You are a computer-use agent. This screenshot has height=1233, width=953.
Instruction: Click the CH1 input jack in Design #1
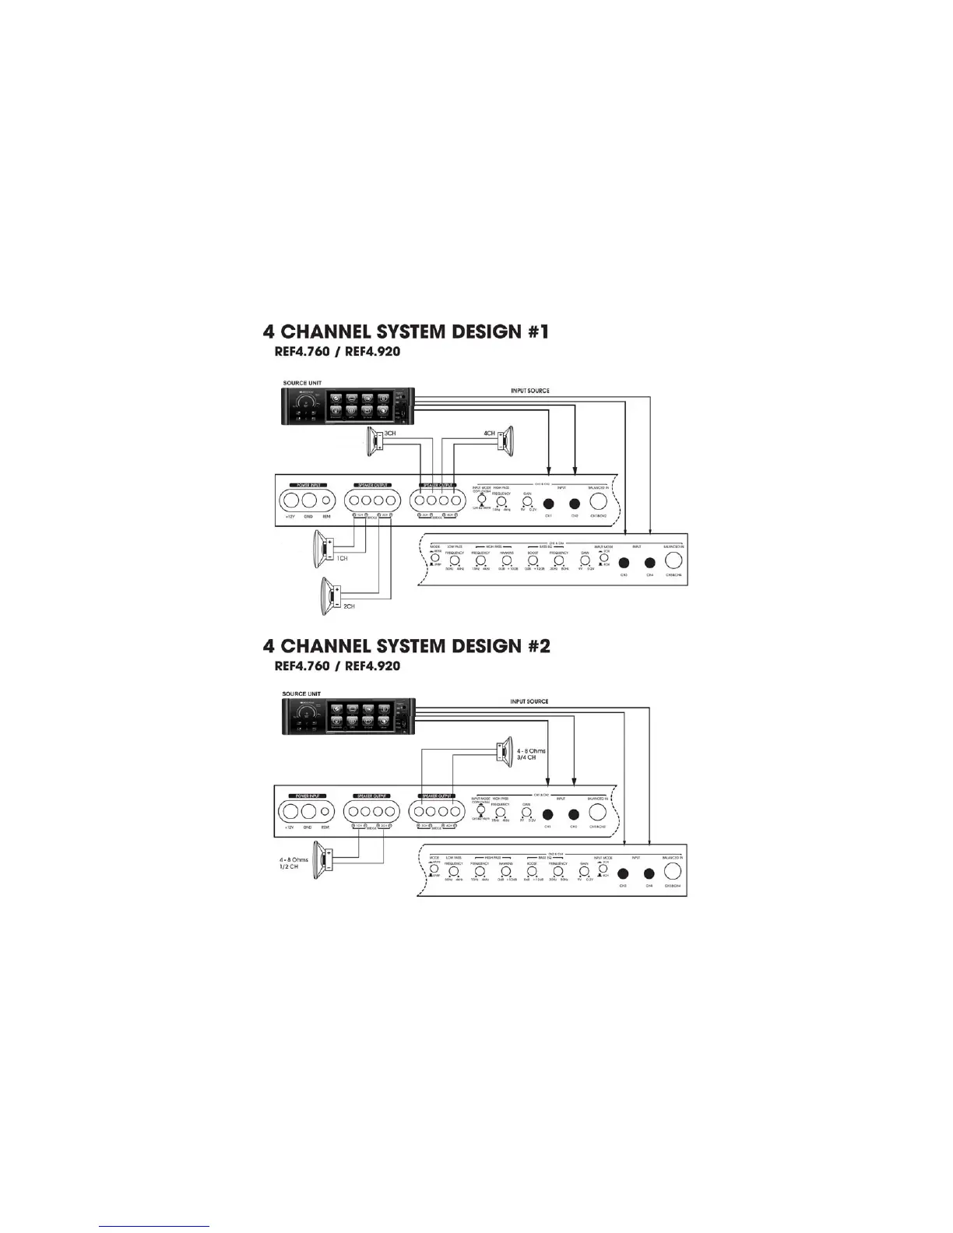click(548, 503)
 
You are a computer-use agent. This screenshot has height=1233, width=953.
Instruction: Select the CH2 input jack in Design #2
click(574, 814)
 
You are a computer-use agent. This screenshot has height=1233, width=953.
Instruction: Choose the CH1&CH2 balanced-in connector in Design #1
click(598, 502)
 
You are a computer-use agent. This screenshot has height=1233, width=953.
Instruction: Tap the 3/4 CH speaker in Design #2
click(501, 753)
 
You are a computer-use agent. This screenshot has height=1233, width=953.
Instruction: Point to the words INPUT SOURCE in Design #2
click(529, 701)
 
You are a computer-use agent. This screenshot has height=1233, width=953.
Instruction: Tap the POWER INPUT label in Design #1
click(306, 484)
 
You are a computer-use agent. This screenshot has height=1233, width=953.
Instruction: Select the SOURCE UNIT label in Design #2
click(301, 694)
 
